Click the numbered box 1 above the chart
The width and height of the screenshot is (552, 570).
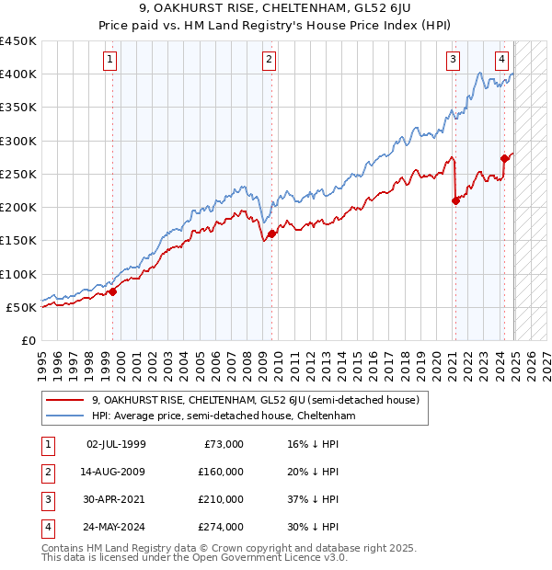[109, 61]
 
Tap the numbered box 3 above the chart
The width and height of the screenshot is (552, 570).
[454, 61]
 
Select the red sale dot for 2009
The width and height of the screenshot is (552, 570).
[271, 234]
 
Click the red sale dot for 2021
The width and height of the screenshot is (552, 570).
[455, 200]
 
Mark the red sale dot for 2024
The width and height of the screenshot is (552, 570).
[504, 158]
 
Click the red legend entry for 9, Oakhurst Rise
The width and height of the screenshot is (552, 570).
[256, 400]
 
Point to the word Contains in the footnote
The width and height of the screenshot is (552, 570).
[64, 548]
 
